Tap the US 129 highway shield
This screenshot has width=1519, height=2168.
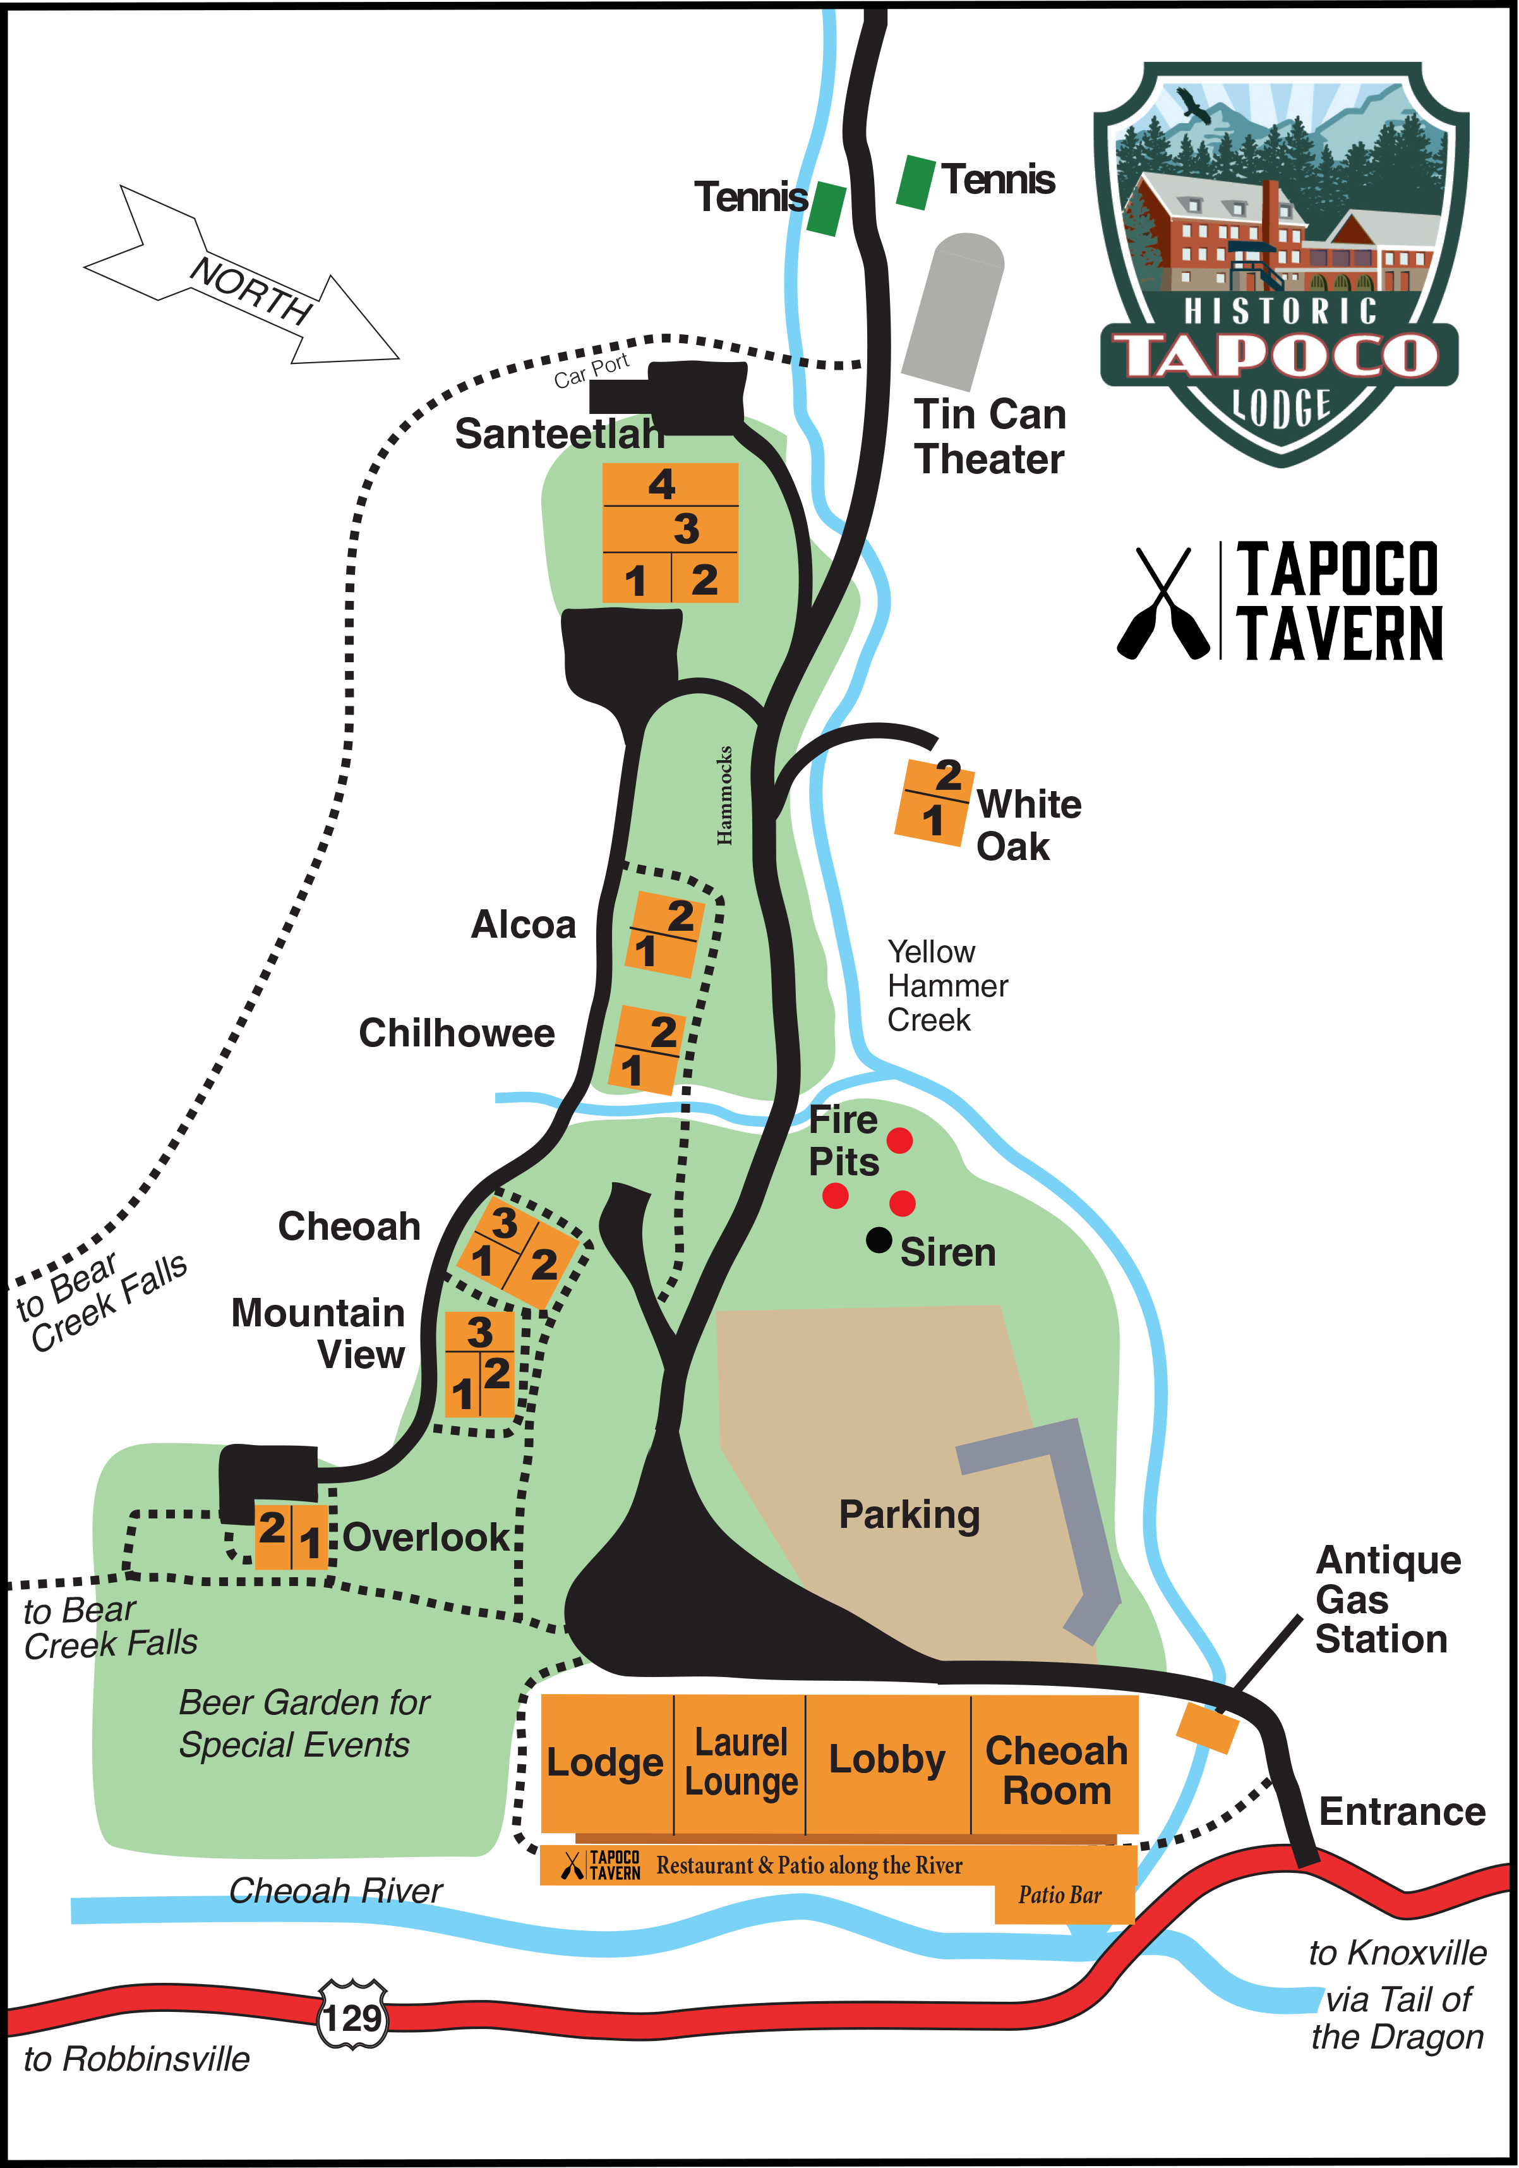tap(352, 2018)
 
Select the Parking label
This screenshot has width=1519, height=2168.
tap(909, 1515)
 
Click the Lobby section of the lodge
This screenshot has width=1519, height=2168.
tap(887, 1759)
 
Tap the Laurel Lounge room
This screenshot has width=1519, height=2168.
tap(741, 1762)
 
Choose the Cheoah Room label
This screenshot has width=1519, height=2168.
tap(1057, 1771)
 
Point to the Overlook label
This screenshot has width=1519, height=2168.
tap(427, 1537)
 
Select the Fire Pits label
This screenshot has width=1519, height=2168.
tap(843, 1141)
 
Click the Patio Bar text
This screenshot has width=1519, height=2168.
tap(1059, 1895)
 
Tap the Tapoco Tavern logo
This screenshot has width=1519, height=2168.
tap(601, 1865)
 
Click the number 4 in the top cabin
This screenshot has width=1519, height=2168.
tap(662, 485)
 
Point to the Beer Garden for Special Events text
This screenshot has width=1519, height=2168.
tap(304, 1723)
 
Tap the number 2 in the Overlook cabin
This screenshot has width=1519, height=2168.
tap(272, 1527)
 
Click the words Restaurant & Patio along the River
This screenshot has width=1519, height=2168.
tap(809, 1865)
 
